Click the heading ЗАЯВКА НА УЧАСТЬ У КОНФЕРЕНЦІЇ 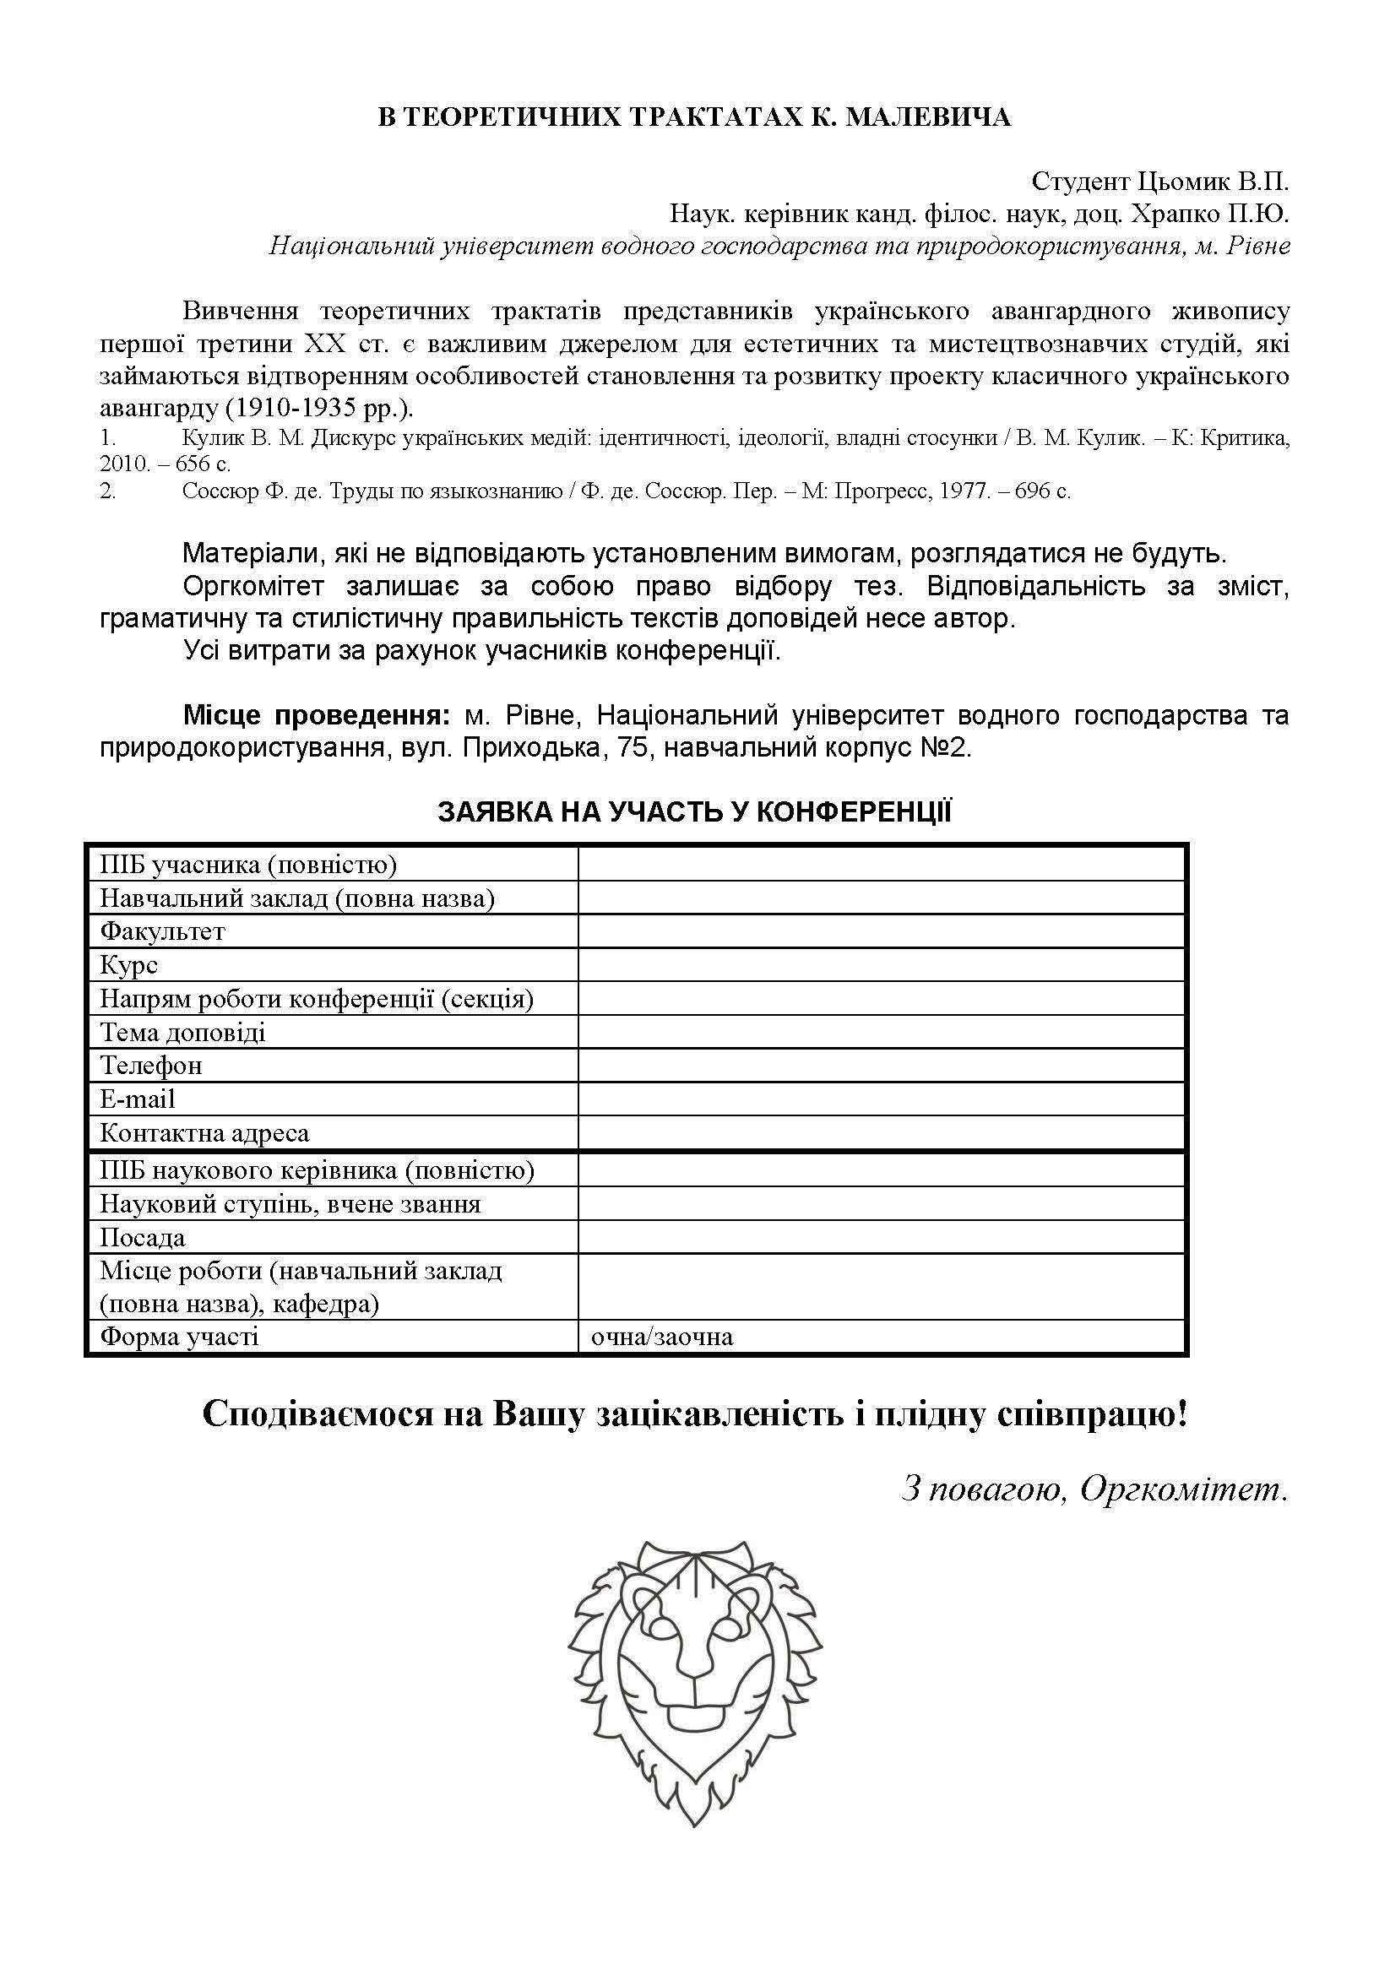coord(694,812)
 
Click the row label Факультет coord(163,931)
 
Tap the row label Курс coord(129,965)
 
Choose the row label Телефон coord(151,1066)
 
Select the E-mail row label coord(138,1099)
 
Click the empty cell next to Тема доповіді coord(882,1032)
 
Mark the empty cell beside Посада coord(882,1238)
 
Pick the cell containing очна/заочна coord(662,1337)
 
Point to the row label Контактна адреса coord(204,1133)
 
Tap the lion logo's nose coord(695,1658)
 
